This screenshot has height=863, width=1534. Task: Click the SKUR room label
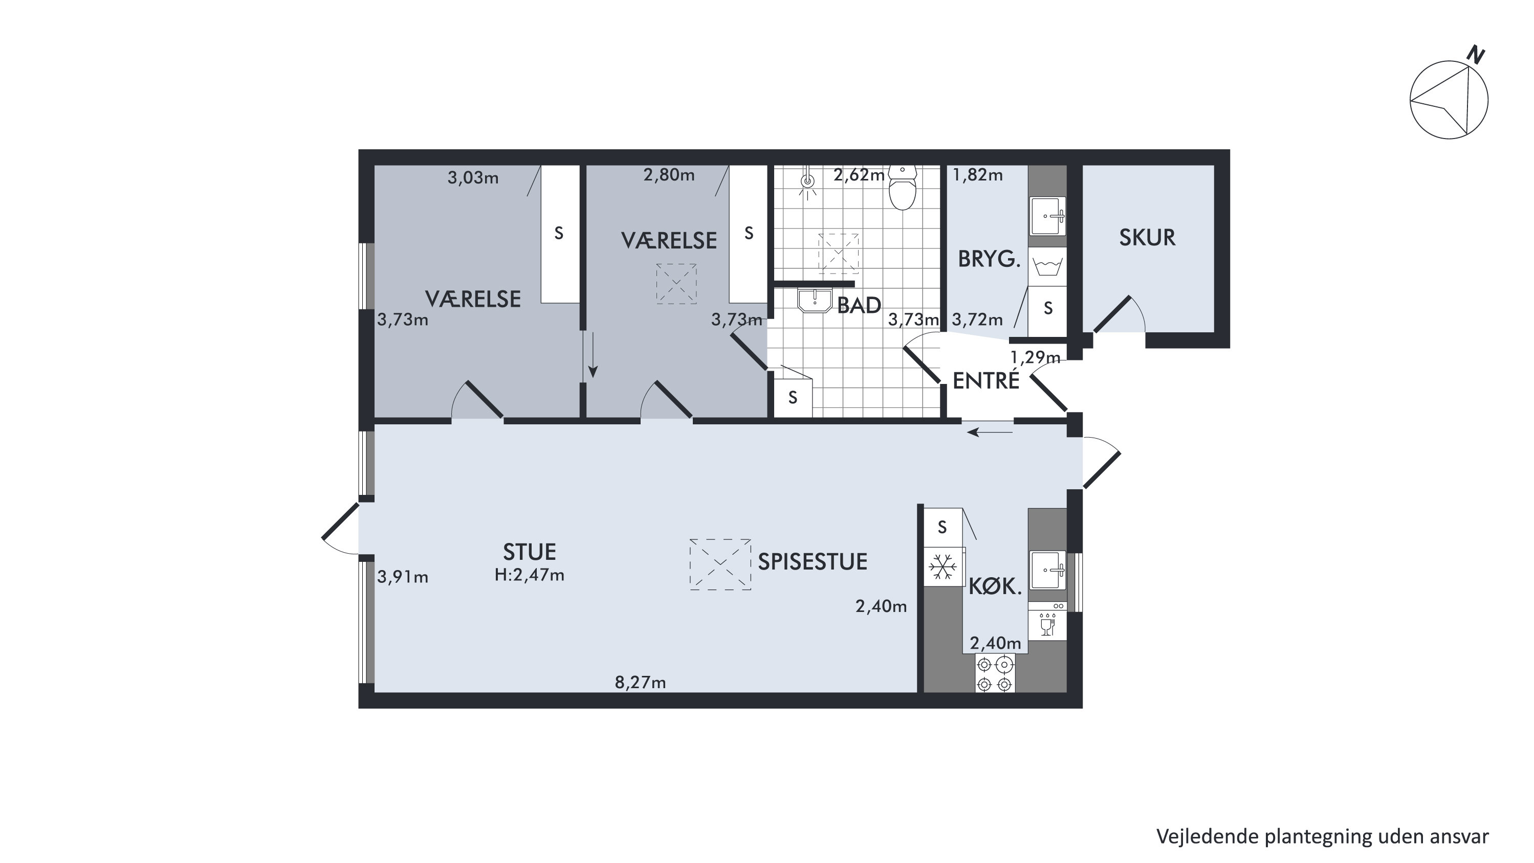click(1147, 237)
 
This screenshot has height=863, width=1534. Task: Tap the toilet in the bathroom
click(903, 188)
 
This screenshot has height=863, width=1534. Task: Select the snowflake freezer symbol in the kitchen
click(943, 566)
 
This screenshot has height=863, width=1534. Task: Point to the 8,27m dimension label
click(640, 682)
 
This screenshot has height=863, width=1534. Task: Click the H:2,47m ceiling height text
click(530, 575)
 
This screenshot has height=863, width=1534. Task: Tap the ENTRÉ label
click(986, 381)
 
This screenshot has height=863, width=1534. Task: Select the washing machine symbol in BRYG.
click(1048, 266)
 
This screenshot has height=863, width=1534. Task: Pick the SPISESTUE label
click(812, 562)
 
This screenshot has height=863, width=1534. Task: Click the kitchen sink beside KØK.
click(1048, 570)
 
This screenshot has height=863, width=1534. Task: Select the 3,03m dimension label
click(473, 178)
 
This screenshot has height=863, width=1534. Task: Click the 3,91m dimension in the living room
click(403, 577)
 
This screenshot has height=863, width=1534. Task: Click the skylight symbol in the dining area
click(720, 565)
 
